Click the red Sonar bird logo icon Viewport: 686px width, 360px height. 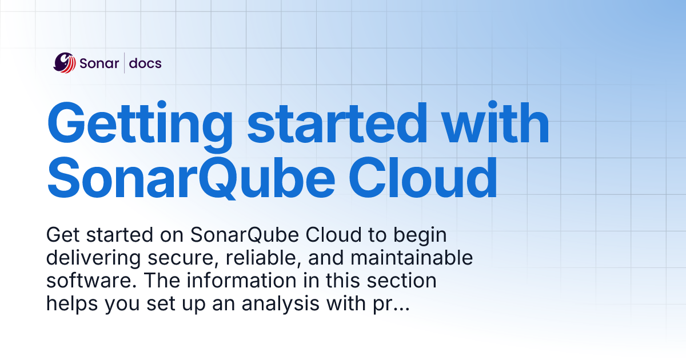pyautogui.click(x=65, y=62)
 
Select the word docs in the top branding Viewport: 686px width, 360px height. pyautogui.click(x=145, y=63)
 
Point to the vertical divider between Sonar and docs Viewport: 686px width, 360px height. pyautogui.click(x=125, y=63)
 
